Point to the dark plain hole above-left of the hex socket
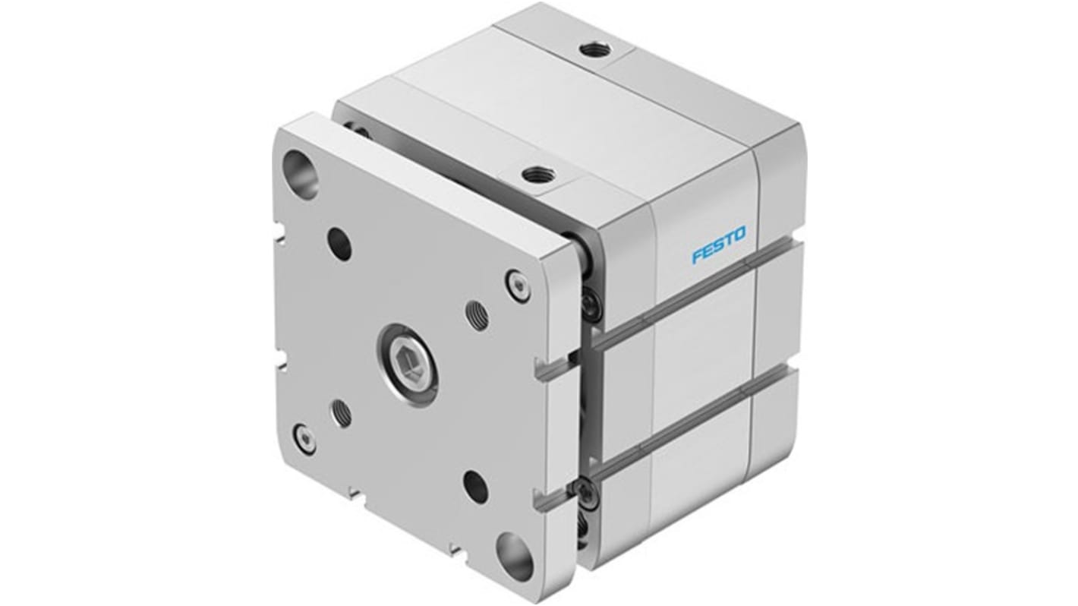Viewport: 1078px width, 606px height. tap(339, 243)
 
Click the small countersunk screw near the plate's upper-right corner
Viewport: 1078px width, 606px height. tap(518, 287)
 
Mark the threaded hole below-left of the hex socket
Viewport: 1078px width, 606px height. tap(341, 414)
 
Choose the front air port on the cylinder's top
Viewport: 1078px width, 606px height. tap(538, 175)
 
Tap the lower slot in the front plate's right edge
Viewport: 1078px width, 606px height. tap(562, 500)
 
